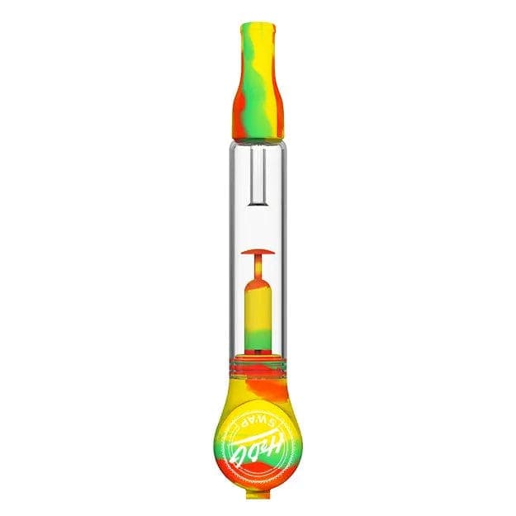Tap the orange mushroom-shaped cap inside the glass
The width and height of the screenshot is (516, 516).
click(x=257, y=250)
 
